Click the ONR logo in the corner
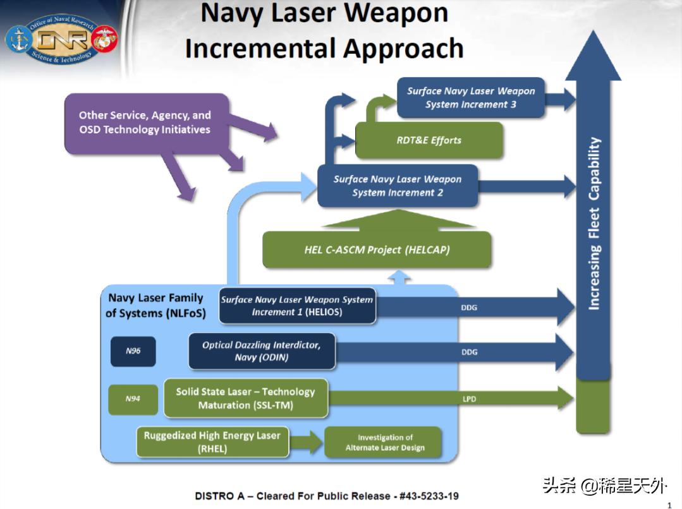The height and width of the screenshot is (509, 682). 61,40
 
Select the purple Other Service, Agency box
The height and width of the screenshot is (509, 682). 145,123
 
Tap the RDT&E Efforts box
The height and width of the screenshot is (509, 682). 429,140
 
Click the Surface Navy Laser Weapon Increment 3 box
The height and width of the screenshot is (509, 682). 470,98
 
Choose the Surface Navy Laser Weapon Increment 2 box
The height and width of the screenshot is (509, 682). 397,186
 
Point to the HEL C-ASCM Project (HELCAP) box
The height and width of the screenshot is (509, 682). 377,249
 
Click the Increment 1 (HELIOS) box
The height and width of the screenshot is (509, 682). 296,306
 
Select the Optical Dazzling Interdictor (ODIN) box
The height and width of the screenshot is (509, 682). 262,351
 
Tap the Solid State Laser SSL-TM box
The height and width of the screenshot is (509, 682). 245,398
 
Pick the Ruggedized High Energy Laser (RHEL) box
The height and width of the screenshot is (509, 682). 212,441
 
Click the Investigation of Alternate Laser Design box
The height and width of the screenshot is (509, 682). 384,442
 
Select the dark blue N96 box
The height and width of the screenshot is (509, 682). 133,351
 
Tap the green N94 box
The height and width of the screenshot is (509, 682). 132,398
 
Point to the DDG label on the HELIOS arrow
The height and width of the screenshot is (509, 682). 469,308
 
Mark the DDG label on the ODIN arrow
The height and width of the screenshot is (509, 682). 469,352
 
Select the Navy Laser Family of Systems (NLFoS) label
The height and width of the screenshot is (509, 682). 155,305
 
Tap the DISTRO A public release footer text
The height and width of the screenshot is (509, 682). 326,496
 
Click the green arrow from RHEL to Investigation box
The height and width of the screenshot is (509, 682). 307,441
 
